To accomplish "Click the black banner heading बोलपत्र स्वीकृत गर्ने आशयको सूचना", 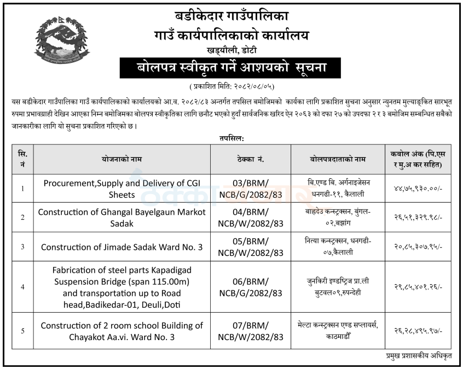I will coord(231,68).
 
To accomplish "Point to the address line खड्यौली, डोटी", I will coord(231,50).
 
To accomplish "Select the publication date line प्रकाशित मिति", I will coord(231,86).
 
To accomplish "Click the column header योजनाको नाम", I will coord(118,159).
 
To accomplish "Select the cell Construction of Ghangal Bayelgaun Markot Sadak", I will coord(118,217).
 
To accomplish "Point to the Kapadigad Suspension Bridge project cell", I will coord(118,287).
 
